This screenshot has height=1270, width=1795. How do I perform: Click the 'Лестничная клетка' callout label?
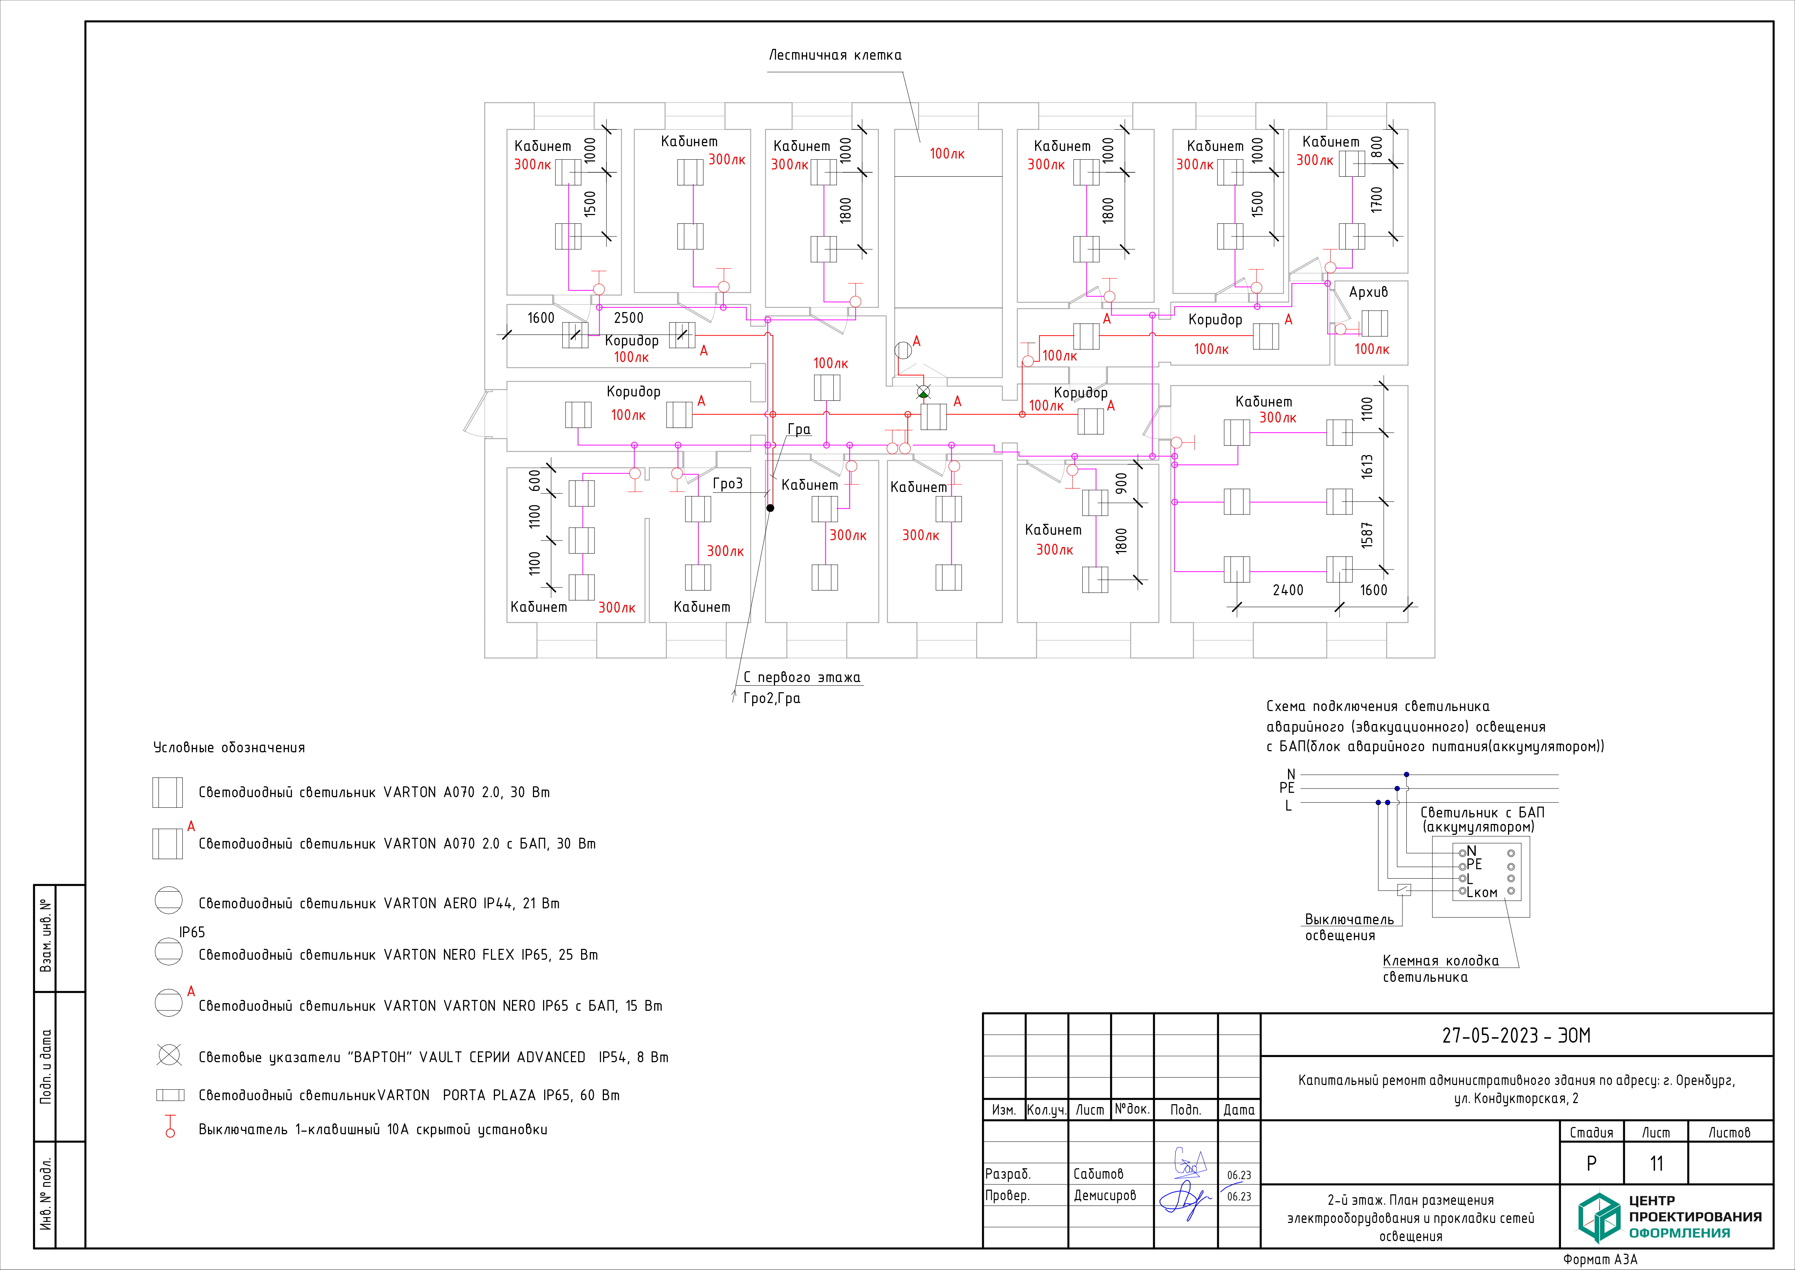tap(835, 55)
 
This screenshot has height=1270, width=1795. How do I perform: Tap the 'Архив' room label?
tap(1368, 292)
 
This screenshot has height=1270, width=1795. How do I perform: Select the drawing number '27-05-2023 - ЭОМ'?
tap(1516, 1035)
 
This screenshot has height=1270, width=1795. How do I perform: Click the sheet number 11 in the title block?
tap(1656, 1164)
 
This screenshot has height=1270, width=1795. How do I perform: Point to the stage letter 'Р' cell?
tap(1591, 1164)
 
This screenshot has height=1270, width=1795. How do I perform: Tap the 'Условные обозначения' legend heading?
tap(229, 748)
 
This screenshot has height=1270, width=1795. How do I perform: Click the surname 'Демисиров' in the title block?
tap(1105, 1195)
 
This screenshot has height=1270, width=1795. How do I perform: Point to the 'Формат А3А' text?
tap(1600, 1259)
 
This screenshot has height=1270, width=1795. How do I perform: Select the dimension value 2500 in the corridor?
tap(628, 317)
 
